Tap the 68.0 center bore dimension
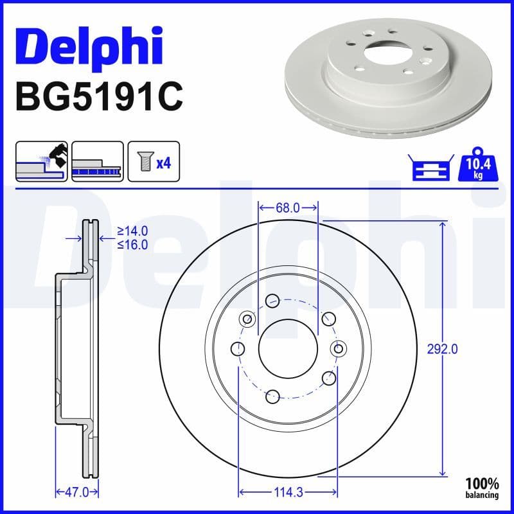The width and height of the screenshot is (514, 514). point(288,208)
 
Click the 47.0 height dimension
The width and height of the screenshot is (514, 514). point(76,493)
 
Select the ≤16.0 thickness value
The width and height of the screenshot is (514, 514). point(132,244)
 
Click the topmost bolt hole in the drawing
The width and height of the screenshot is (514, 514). point(272,299)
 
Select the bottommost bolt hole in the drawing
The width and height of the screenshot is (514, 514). point(272,396)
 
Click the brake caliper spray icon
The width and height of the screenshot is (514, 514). point(42,162)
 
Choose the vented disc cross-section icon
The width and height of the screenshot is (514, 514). point(97,162)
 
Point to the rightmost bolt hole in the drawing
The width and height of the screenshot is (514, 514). point(338,348)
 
